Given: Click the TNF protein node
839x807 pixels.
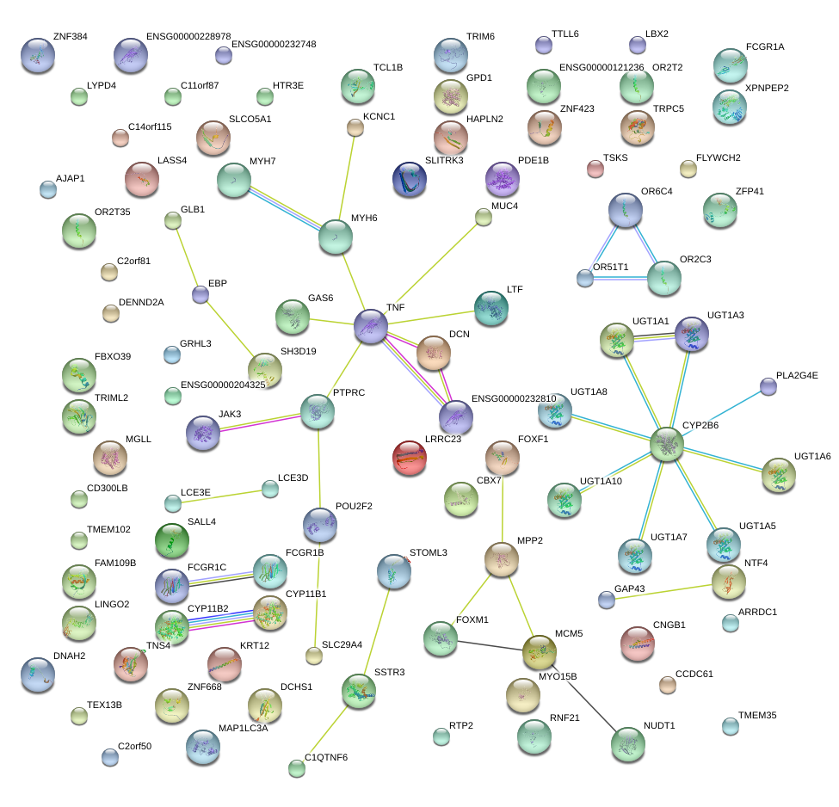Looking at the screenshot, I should [371, 328].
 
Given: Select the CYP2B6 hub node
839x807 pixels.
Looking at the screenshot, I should [667, 444].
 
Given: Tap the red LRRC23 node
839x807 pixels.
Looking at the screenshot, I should [409, 459].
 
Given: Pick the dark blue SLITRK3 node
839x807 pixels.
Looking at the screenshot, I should [409, 179].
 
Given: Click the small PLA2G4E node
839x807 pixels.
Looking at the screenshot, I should [768, 387].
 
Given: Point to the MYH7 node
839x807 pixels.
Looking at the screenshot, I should [233, 180].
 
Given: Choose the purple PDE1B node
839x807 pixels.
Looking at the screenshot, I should [503, 180].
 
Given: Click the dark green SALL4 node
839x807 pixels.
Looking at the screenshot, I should [171, 541].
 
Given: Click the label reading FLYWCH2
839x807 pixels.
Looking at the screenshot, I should [718, 158].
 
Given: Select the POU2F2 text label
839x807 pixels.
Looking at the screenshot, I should [354, 506].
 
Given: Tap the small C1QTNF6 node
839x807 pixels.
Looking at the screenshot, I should [297, 768].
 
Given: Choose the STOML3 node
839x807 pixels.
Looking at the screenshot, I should [394, 570].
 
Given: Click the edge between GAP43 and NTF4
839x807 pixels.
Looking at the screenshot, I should [663, 591].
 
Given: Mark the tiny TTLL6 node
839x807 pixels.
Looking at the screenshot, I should [543, 44].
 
